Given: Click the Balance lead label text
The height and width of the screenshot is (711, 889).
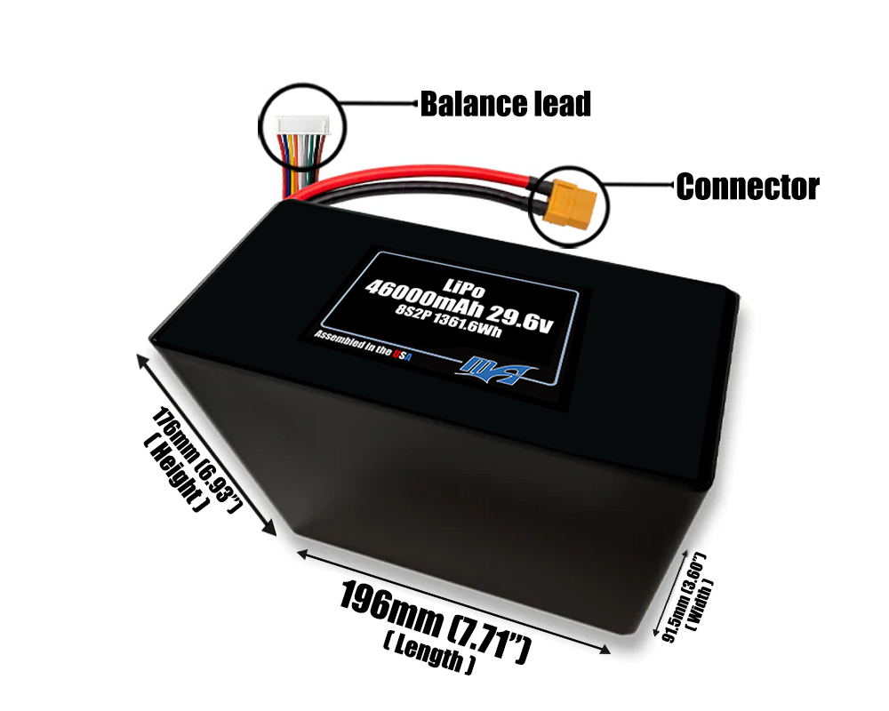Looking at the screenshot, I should [505, 105].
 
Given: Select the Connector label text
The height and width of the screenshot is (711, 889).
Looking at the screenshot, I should [747, 187].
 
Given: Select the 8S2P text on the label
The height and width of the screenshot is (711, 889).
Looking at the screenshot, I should [398, 321].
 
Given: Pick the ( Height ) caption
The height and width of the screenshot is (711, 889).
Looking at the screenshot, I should [175, 475].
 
